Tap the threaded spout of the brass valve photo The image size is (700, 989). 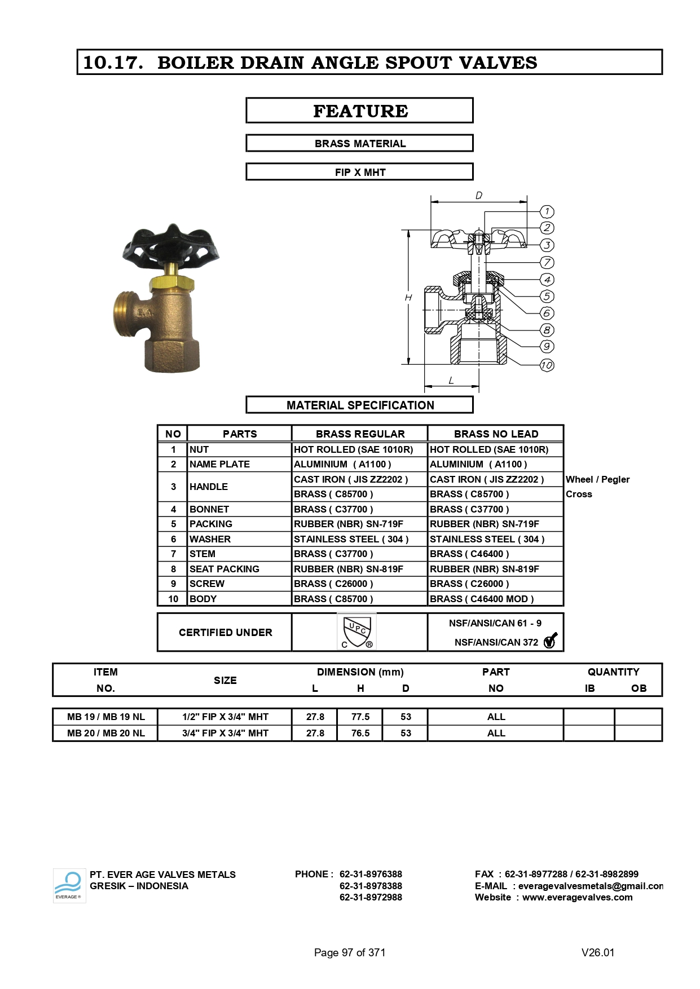[x=128, y=312]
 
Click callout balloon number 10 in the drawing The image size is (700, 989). [x=547, y=365]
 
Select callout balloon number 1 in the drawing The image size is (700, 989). [x=547, y=211]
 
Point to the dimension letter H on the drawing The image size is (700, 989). [x=408, y=298]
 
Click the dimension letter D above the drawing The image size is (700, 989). [x=478, y=196]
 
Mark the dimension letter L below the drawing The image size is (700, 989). [x=451, y=381]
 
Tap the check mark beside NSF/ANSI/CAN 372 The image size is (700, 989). [x=550, y=641]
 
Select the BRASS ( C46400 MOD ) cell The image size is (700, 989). [x=482, y=599]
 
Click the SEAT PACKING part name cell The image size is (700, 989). [x=224, y=569]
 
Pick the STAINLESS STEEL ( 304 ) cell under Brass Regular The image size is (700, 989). [x=351, y=539]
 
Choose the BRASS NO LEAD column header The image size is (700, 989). [x=496, y=434]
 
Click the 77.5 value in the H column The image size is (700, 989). [x=360, y=717]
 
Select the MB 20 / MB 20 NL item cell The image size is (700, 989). [x=106, y=733]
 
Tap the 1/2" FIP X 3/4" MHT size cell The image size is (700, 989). [x=225, y=717]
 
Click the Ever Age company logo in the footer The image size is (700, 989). [x=69, y=885]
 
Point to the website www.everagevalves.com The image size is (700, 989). [x=577, y=897]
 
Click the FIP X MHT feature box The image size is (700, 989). [x=360, y=172]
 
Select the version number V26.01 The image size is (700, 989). [x=598, y=952]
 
